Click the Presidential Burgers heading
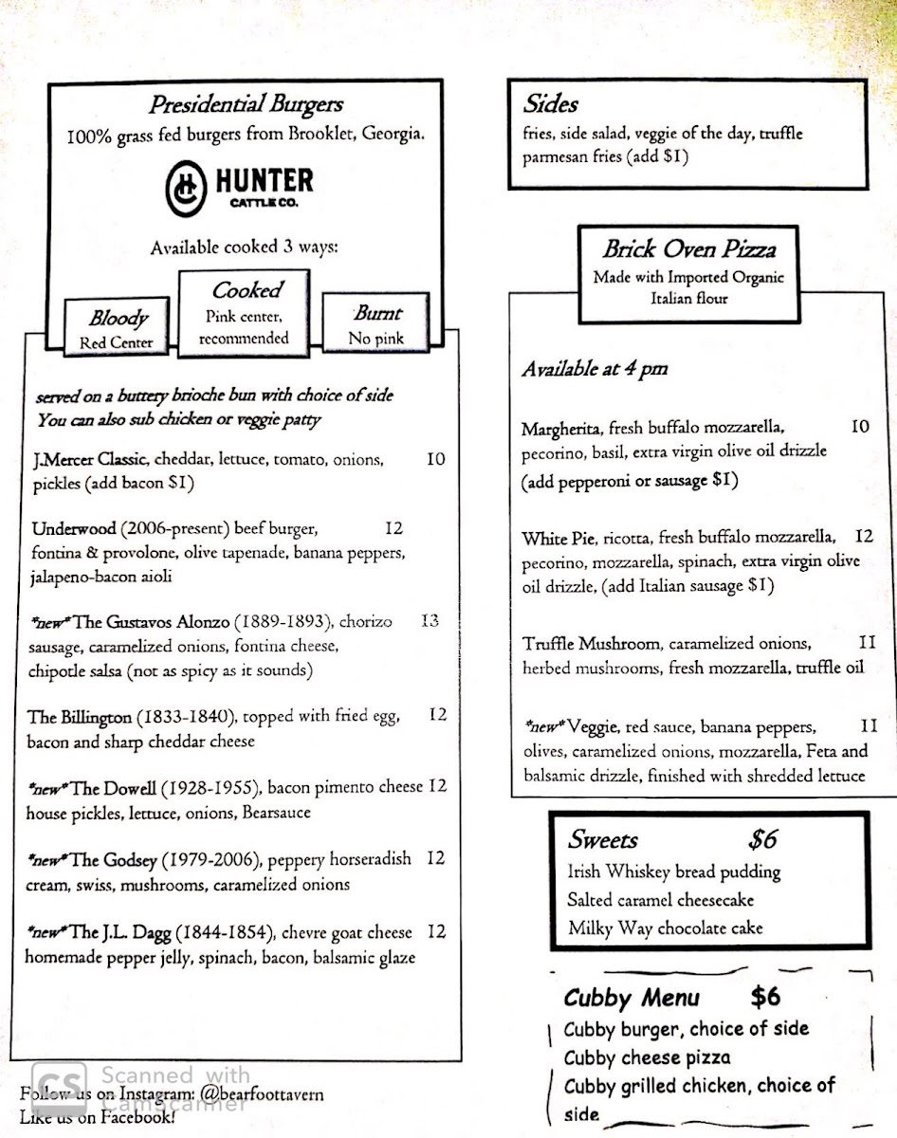[x=245, y=105]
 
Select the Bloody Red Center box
[x=118, y=328]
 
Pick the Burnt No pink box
[x=375, y=323]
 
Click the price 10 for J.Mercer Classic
[x=435, y=460]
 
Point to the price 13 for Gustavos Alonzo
[x=430, y=622]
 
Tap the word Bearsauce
[x=276, y=813]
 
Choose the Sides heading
[x=551, y=104]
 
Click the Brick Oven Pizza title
[x=688, y=249]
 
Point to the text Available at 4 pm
[x=594, y=370]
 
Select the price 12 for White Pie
[x=863, y=537]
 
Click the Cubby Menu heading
[x=632, y=998]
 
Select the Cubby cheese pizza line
[x=647, y=1057]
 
